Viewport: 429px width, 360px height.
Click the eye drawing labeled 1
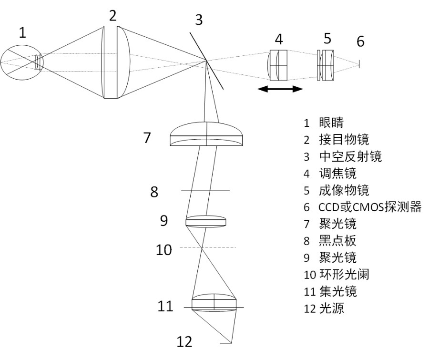[21, 62]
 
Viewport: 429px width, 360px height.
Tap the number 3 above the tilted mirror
[198, 20]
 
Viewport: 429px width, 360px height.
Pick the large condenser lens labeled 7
[207, 134]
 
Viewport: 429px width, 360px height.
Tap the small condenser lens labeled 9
[205, 221]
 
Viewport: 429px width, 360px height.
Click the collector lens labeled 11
[214, 304]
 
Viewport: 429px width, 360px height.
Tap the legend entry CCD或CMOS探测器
[369, 207]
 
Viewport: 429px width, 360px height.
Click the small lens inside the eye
[38, 62]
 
